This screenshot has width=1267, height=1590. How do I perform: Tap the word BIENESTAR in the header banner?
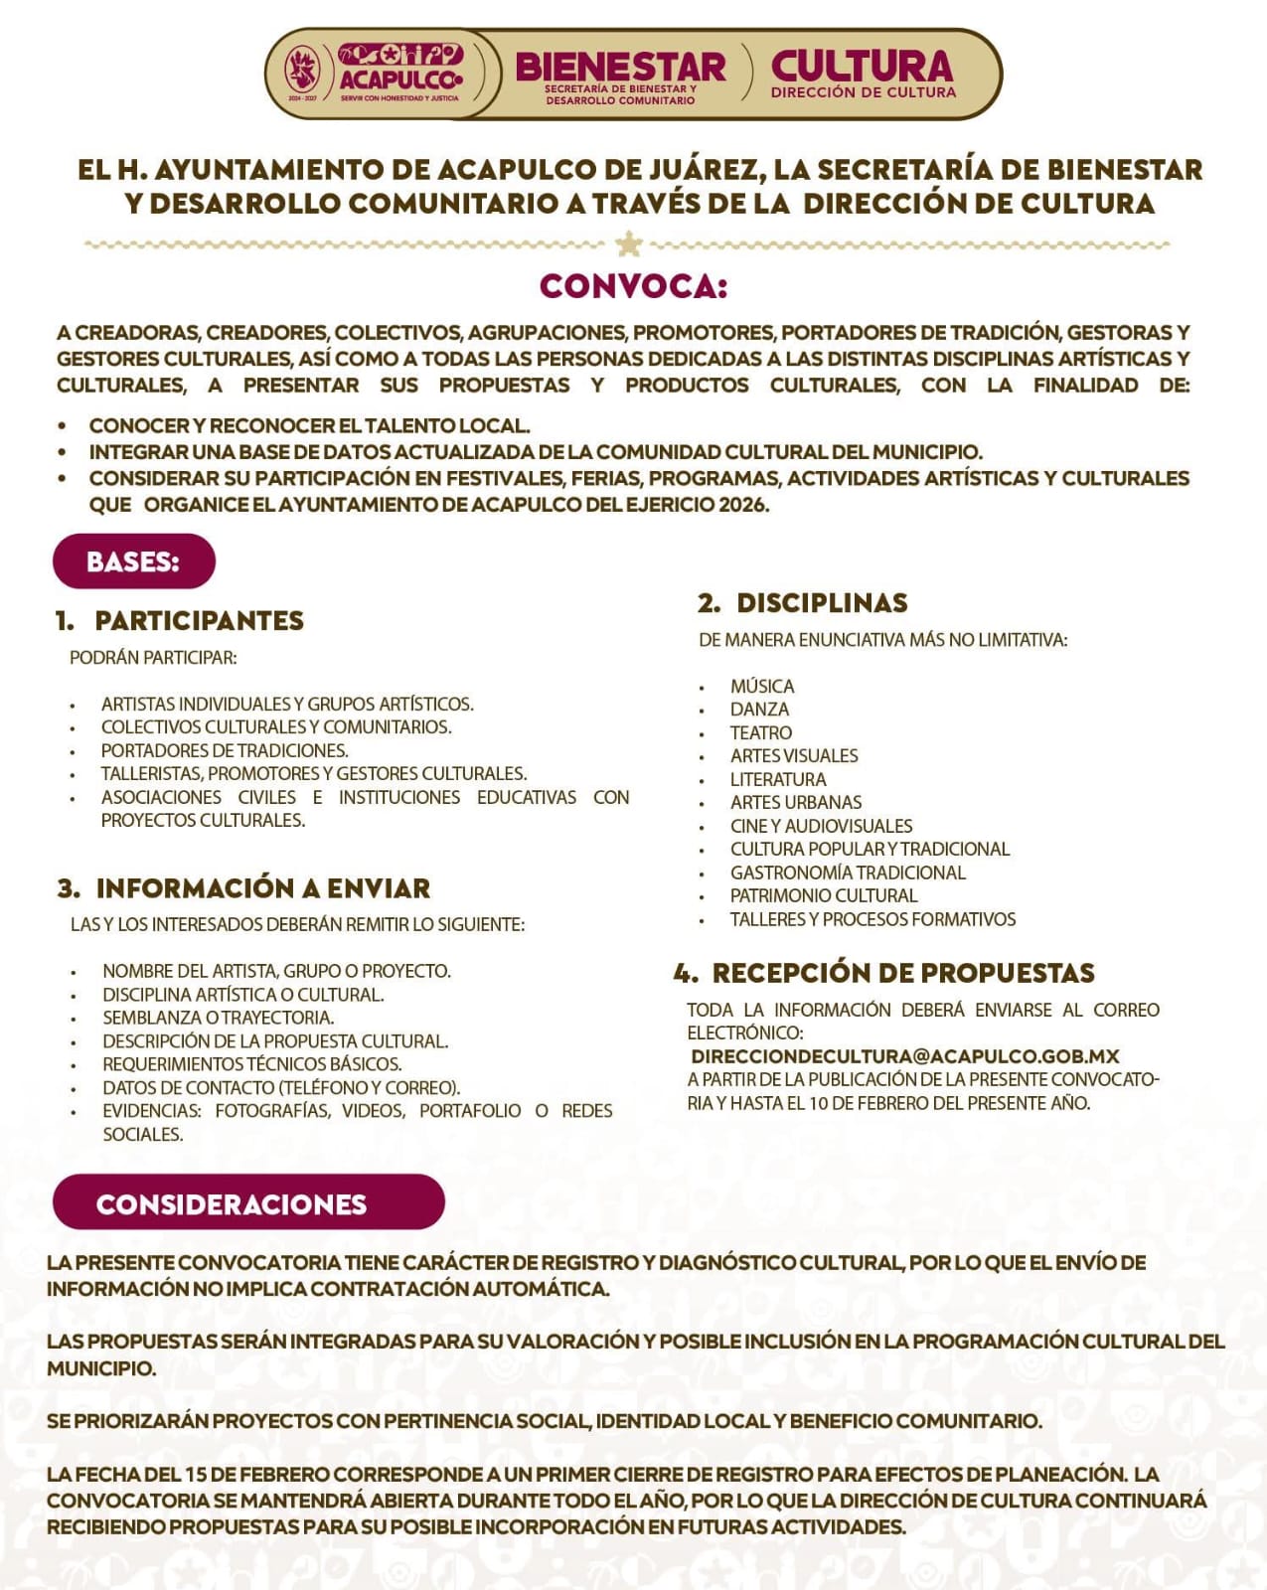620,68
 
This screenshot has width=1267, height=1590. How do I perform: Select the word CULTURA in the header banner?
862,67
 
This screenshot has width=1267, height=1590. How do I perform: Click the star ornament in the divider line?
628,243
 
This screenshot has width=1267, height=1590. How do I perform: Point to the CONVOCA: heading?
633,286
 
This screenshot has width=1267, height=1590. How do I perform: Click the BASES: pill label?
133,561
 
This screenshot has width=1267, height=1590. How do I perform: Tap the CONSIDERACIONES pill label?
232,1203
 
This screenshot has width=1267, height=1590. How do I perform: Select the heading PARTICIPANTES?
199,621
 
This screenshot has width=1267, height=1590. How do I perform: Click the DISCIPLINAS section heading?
821,603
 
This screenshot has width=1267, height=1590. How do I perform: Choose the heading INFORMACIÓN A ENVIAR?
262,887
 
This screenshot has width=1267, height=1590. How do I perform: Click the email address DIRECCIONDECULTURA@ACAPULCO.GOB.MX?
905,1056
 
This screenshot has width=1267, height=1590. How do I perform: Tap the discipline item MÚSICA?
762,687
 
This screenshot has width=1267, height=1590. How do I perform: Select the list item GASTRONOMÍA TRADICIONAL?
848,873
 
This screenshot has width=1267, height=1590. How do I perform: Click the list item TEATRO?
761,733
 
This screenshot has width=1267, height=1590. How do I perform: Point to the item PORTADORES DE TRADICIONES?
225,750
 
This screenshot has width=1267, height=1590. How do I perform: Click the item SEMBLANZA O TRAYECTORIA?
218,1018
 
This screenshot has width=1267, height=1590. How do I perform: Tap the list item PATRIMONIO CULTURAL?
824,895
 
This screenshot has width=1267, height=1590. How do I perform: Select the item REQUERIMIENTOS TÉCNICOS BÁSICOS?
251,1064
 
